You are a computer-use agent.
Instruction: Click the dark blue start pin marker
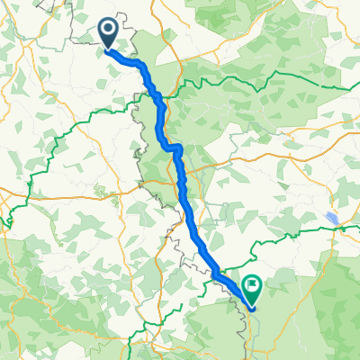108,34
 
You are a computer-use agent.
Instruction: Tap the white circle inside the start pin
108,31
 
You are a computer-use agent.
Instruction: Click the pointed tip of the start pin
108,49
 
